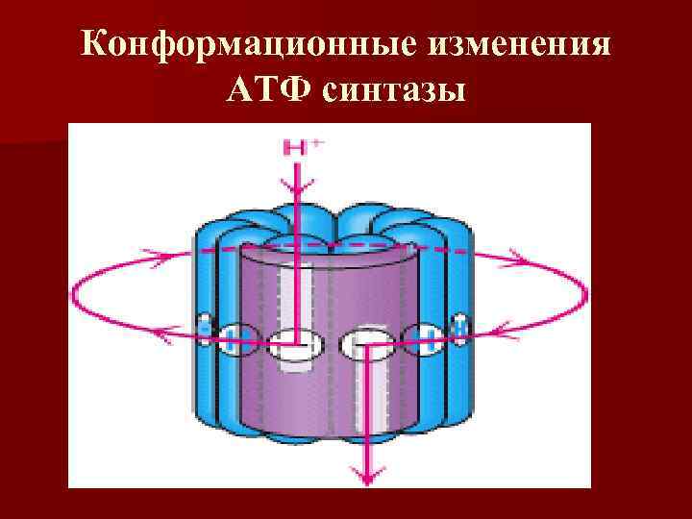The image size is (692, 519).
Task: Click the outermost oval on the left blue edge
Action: (x=204, y=328)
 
